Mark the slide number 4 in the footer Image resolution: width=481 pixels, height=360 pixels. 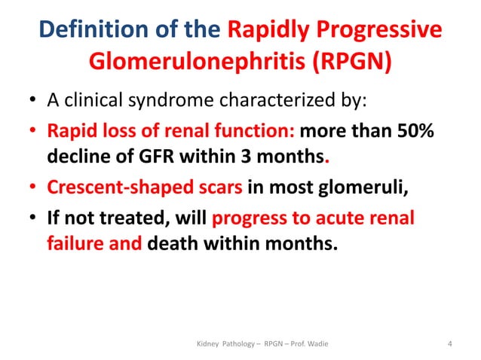tap(449, 345)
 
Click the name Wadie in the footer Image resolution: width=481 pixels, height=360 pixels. tap(315, 345)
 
